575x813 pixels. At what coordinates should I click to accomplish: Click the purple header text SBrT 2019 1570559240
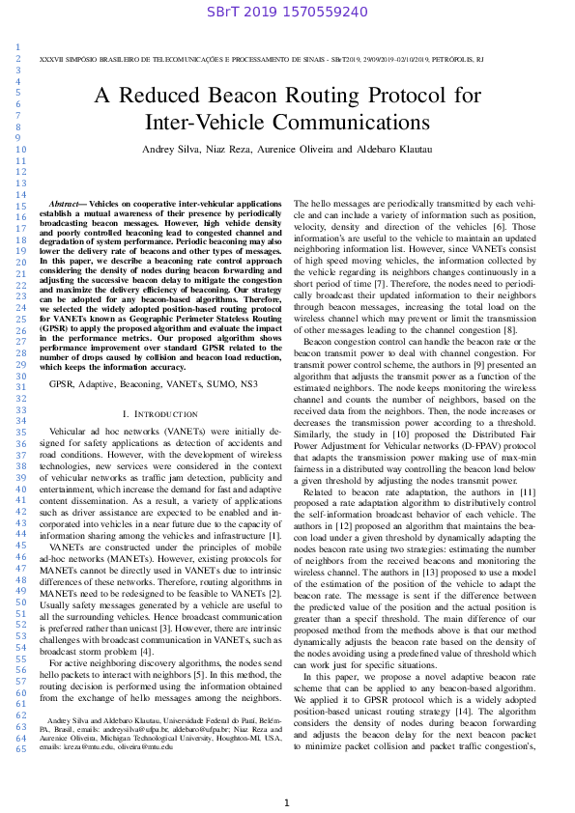click(287, 12)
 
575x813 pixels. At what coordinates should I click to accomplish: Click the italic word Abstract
click(67, 205)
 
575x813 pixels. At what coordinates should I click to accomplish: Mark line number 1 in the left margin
click(18, 45)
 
